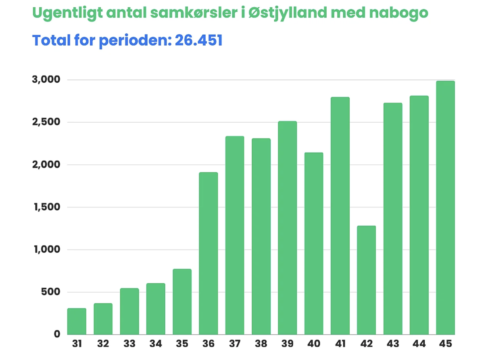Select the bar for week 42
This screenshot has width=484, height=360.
pos(366,280)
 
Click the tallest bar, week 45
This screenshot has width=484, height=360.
pos(445,207)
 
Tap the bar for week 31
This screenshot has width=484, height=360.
pos(77,321)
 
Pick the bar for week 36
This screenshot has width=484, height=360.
pos(208,253)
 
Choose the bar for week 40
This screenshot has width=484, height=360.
pos(313,243)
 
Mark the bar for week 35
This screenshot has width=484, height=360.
pos(182,301)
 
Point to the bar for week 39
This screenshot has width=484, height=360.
pos(287,228)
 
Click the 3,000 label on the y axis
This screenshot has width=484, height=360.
pos(46,80)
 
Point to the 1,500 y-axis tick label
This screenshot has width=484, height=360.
pos(47,207)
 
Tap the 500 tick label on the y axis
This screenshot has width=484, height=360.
pos(50,292)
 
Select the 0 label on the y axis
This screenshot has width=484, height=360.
pos(57,334)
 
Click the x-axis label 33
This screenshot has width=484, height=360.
pos(129,343)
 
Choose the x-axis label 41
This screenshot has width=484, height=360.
pos(340,343)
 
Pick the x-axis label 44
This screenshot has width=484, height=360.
pos(419,343)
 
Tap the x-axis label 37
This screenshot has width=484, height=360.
pos(235,343)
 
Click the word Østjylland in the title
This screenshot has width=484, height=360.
pos(288,13)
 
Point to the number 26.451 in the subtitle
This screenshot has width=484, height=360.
pos(198,40)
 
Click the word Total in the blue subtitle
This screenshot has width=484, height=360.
pos(52,40)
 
